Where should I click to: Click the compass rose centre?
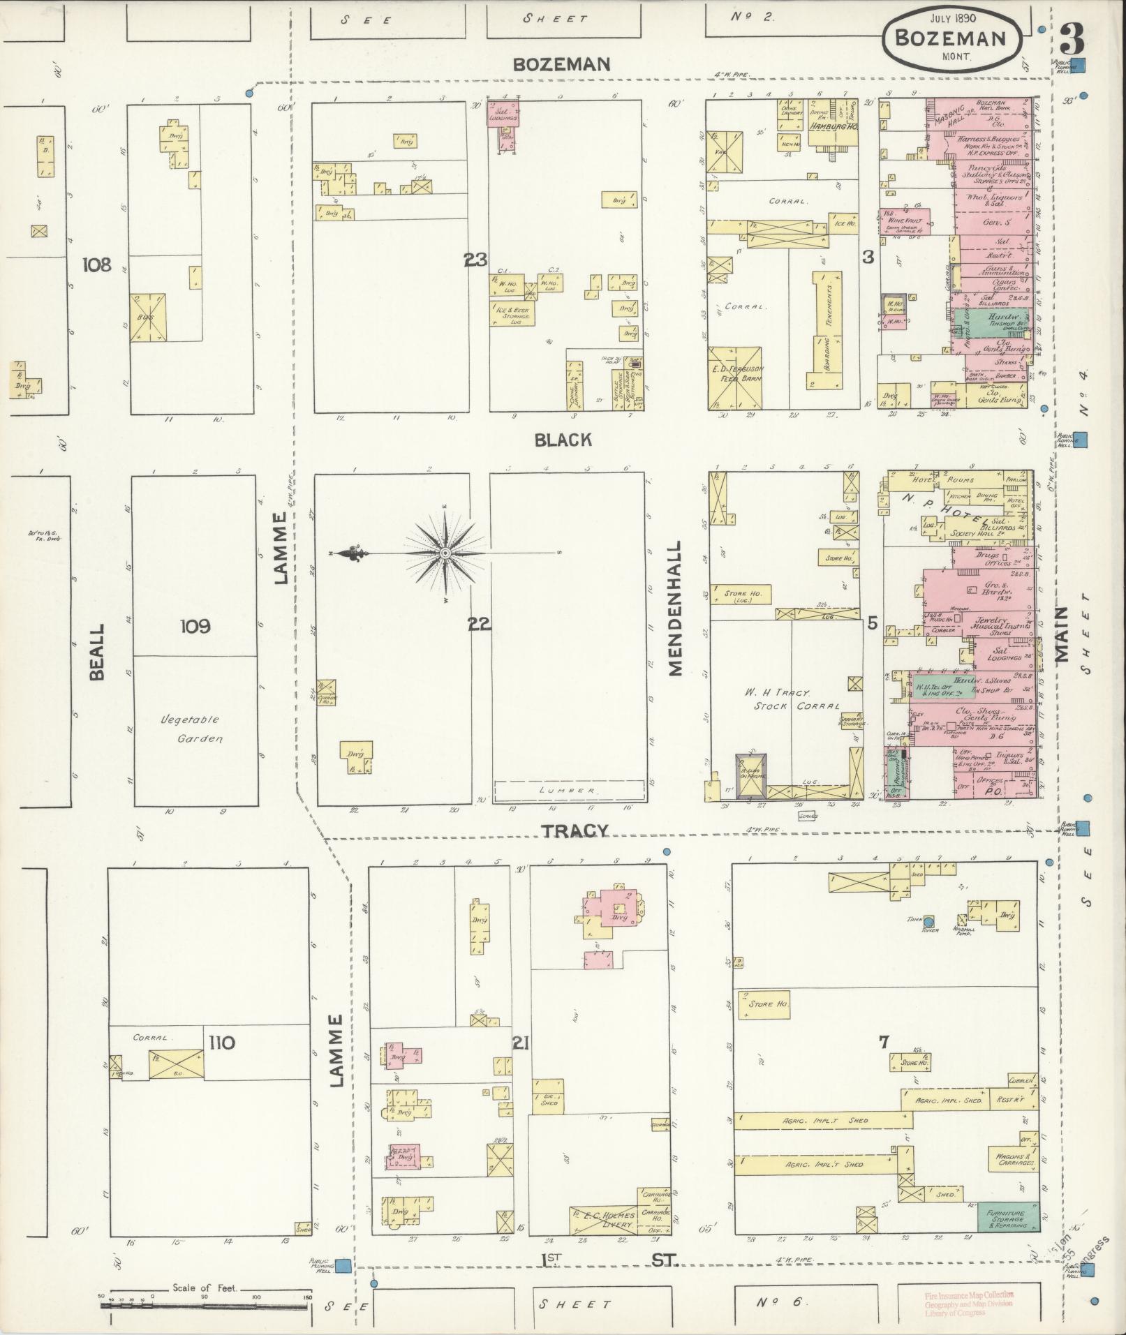coord(445,553)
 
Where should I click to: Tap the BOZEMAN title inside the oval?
coord(950,38)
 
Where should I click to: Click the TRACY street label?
coord(575,830)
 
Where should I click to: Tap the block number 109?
coord(195,626)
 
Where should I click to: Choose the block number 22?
coord(480,625)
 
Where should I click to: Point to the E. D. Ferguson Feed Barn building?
coord(736,378)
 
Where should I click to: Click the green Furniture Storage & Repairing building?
coord(1007,1218)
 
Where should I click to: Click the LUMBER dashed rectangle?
coord(569,791)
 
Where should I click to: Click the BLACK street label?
coord(563,440)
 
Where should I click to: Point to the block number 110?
coord(221,1043)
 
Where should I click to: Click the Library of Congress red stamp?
coord(955,1304)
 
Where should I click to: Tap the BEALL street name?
coord(96,652)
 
